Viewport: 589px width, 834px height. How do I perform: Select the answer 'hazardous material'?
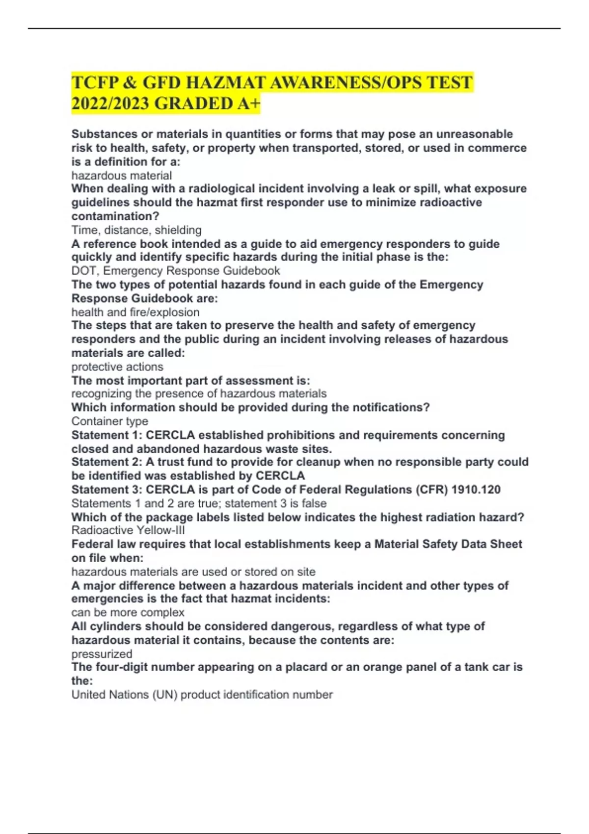121,176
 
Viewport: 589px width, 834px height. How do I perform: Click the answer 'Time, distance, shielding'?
136,230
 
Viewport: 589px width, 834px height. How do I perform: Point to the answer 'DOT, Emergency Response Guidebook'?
175,271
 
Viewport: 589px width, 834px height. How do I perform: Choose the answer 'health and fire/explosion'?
135,312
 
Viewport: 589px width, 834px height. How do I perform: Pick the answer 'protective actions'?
117,367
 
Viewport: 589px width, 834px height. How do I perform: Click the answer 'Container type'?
109,421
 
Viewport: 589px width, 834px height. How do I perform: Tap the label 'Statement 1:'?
107,435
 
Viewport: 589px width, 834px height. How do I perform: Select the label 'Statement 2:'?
107,462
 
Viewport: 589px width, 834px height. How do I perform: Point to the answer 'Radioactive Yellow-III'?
128,530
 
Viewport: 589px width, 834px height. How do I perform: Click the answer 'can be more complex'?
128,613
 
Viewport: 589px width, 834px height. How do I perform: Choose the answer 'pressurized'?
102,654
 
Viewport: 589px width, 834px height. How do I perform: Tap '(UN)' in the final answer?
164,695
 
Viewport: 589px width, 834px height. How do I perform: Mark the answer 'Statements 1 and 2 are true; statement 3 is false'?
199,503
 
